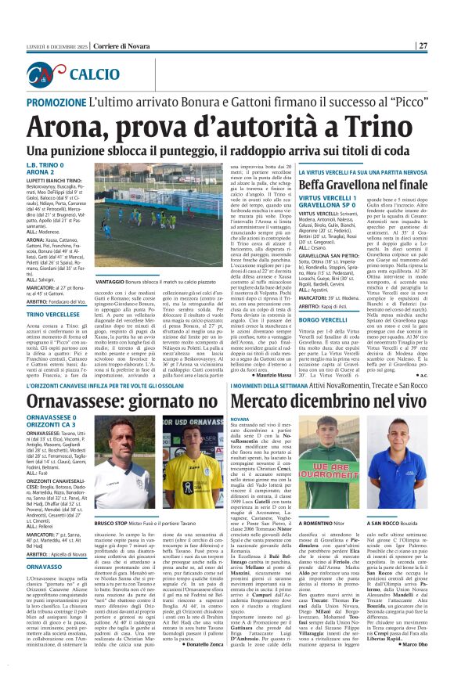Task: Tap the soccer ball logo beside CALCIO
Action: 48,74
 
